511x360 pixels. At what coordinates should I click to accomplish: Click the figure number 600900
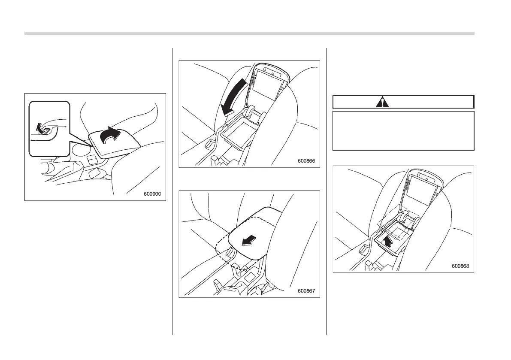point(152,194)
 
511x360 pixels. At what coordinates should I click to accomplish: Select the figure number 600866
point(306,161)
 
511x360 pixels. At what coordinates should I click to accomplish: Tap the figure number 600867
point(306,291)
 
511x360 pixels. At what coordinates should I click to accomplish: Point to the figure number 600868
point(460,266)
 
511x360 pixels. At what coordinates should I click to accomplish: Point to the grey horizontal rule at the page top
point(249,33)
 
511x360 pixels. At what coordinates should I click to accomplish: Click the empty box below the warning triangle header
point(403,131)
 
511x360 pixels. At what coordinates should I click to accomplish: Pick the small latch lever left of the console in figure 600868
point(363,248)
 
